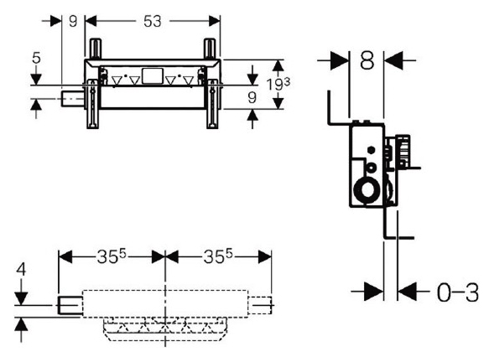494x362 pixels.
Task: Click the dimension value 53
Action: (153, 22)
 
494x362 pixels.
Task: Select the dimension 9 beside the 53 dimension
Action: (73, 22)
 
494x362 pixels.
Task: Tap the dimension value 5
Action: (37, 58)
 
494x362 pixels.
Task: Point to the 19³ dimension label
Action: (278, 84)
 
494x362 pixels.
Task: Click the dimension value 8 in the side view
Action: (367, 60)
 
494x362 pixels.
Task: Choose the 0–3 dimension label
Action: (458, 292)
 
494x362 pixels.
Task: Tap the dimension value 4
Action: (21, 270)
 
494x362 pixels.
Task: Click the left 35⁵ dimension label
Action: (112, 256)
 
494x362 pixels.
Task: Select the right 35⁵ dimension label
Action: (218, 256)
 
